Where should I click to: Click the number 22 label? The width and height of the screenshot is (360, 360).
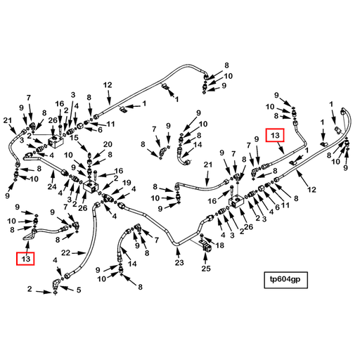(x=66, y=253)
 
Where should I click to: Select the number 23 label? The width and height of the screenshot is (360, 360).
(x=179, y=262)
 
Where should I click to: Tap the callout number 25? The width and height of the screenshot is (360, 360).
(x=206, y=269)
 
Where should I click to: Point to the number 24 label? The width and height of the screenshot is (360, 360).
(x=52, y=186)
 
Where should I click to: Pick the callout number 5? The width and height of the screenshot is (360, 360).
(x=79, y=290)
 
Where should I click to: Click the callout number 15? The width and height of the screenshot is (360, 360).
(x=74, y=138)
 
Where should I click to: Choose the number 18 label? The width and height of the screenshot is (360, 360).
(x=220, y=245)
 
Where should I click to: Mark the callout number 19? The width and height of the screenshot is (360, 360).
(x=127, y=183)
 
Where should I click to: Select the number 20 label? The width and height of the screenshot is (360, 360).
(x=108, y=144)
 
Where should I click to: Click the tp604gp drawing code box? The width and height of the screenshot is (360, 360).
(x=285, y=280)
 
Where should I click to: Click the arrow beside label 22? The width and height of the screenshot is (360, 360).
(x=78, y=253)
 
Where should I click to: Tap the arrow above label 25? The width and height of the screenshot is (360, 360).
(x=205, y=258)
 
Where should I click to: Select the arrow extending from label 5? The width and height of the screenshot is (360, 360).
(x=67, y=288)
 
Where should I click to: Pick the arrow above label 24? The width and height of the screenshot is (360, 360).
(x=53, y=176)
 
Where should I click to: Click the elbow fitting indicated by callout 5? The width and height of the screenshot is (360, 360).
(x=56, y=284)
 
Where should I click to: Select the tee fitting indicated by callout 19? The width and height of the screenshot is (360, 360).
(x=108, y=198)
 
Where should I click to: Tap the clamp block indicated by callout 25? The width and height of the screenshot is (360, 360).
(x=205, y=247)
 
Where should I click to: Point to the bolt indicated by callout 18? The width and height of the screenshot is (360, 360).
(x=202, y=236)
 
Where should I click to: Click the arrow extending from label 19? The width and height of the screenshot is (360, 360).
(x=118, y=191)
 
